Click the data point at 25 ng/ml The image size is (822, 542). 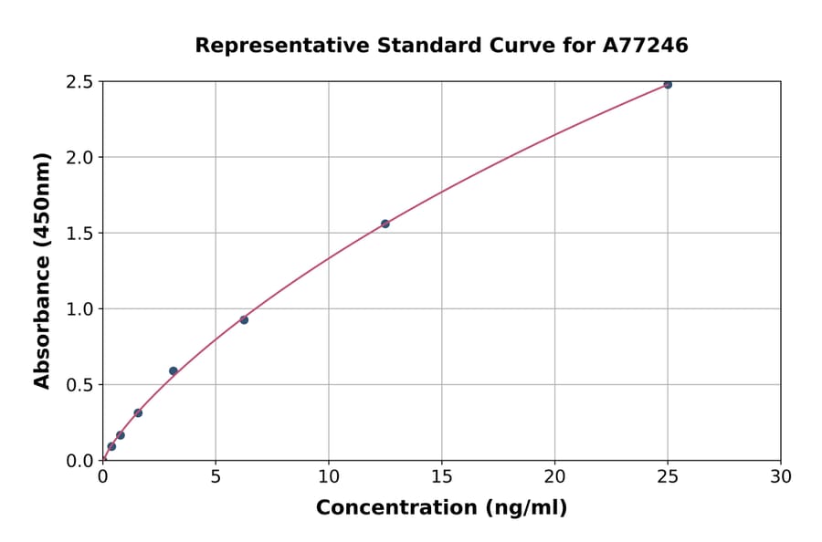pos(668,84)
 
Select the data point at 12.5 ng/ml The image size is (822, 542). pos(385,224)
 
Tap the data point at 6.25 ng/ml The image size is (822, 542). pos(244,319)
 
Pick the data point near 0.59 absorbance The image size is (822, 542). pos(174,371)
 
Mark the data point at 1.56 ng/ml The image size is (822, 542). pos(138,412)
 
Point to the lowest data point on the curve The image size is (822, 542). pos(111,446)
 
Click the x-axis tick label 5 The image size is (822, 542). pos(216,476)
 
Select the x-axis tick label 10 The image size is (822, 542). pos(329,476)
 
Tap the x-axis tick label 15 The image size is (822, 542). pos(442,476)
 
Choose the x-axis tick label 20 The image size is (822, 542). pos(554,476)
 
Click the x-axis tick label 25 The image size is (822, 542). pos(668,476)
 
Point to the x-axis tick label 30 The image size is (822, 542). pos(781,476)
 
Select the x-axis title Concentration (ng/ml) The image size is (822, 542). pos(441,508)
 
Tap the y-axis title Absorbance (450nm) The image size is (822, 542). pos(42,270)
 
